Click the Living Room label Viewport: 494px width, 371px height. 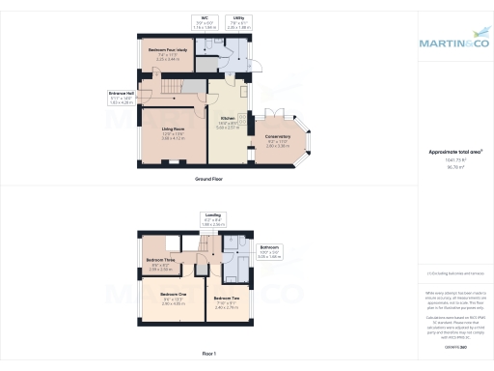[173, 129]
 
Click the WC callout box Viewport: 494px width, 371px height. [205, 22]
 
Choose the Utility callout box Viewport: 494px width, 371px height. [238, 22]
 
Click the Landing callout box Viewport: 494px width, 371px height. [213, 219]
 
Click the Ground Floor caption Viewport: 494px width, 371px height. [210, 180]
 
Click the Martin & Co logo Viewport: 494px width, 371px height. [453, 43]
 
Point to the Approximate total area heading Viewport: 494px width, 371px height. [455, 153]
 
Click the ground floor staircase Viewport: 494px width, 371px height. [170, 90]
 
